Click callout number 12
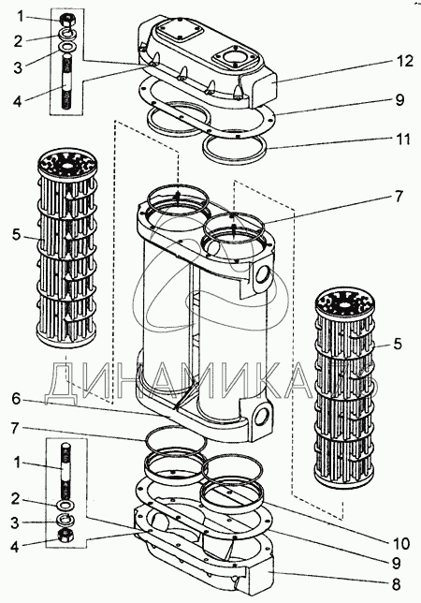coord(405,61)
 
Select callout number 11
coord(403,139)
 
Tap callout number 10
coord(401,544)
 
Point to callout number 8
coord(397,584)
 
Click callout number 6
coord(16,399)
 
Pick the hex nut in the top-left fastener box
coord(66,18)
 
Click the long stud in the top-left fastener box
coord(66,82)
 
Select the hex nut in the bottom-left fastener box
coord(66,535)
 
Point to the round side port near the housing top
coord(263,275)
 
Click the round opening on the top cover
coord(234,57)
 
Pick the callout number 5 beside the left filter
coord(16,234)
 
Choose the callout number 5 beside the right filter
coord(398,344)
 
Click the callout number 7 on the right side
coord(399,197)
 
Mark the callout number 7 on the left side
coord(16,429)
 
